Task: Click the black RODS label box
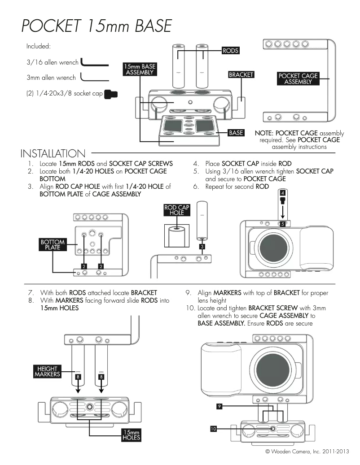pyautogui.click(x=230, y=51)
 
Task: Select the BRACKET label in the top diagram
pyautogui.click(x=241, y=74)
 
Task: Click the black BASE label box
pyautogui.click(x=236, y=133)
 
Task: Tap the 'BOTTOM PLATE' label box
pyautogui.click(x=53, y=244)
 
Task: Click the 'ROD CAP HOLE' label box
pyautogui.click(x=177, y=210)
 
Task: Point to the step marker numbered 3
pyautogui.click(x=202, y=247)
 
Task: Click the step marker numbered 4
pyautogui.click(x=282, y=193)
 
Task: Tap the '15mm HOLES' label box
pyautogui.click(x=132, y=435)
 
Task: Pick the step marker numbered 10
pyautogui.click(x=214, y=429)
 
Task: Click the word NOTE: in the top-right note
pyautogui.click(x=264, y=133)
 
